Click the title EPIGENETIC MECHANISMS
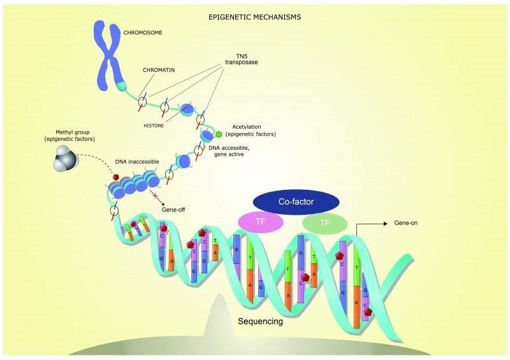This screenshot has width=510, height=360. coord(254,17)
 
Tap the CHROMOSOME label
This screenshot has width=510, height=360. coord(143,32)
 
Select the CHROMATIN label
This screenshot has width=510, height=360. coord(159,70)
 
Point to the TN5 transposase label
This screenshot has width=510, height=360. coord(242,59)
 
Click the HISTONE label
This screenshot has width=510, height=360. coord(154,126)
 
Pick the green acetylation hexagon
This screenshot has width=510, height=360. coord(219,134)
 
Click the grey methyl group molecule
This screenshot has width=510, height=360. coord(66,158)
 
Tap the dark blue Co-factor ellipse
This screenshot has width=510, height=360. coord(296,201)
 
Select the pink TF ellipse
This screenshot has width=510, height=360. coord(261,222)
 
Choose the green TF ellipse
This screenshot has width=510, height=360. coord(325,223)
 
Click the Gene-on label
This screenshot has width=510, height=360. coord(405,223)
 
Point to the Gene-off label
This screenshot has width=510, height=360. coord(173,210)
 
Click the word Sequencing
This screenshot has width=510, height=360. coord(261,321)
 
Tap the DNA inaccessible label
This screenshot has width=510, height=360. coord(137,162)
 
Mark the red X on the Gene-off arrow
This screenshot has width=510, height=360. coord(155,196)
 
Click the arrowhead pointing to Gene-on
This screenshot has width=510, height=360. coord(386,224)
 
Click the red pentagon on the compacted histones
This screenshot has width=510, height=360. coord(116,177)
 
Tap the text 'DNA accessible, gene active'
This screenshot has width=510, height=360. coord(229,151)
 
